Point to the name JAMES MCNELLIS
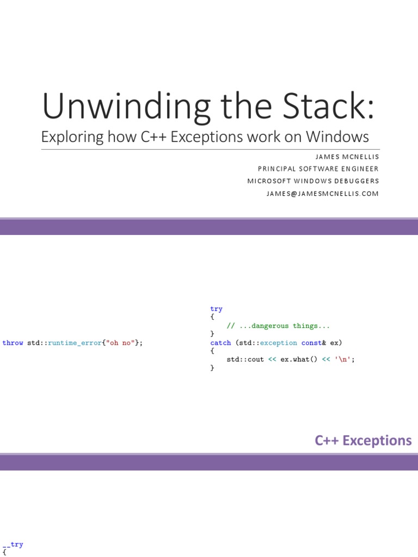pyautogui.click(x=347, y=157)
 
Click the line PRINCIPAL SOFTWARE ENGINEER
pyautogui.click(x=318, y=169)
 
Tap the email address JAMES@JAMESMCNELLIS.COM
pyautogui.click(x=322, y=194)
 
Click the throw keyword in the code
pyautogui.click(x=13, y=343)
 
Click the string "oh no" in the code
pyautogui.click(x=120, y=343)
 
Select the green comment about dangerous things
pyautogui.click(x=278, y=326)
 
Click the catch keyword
pyautogui.click(x=220, y=343)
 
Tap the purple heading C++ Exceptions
pyautogui.click(x=363, y=440)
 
